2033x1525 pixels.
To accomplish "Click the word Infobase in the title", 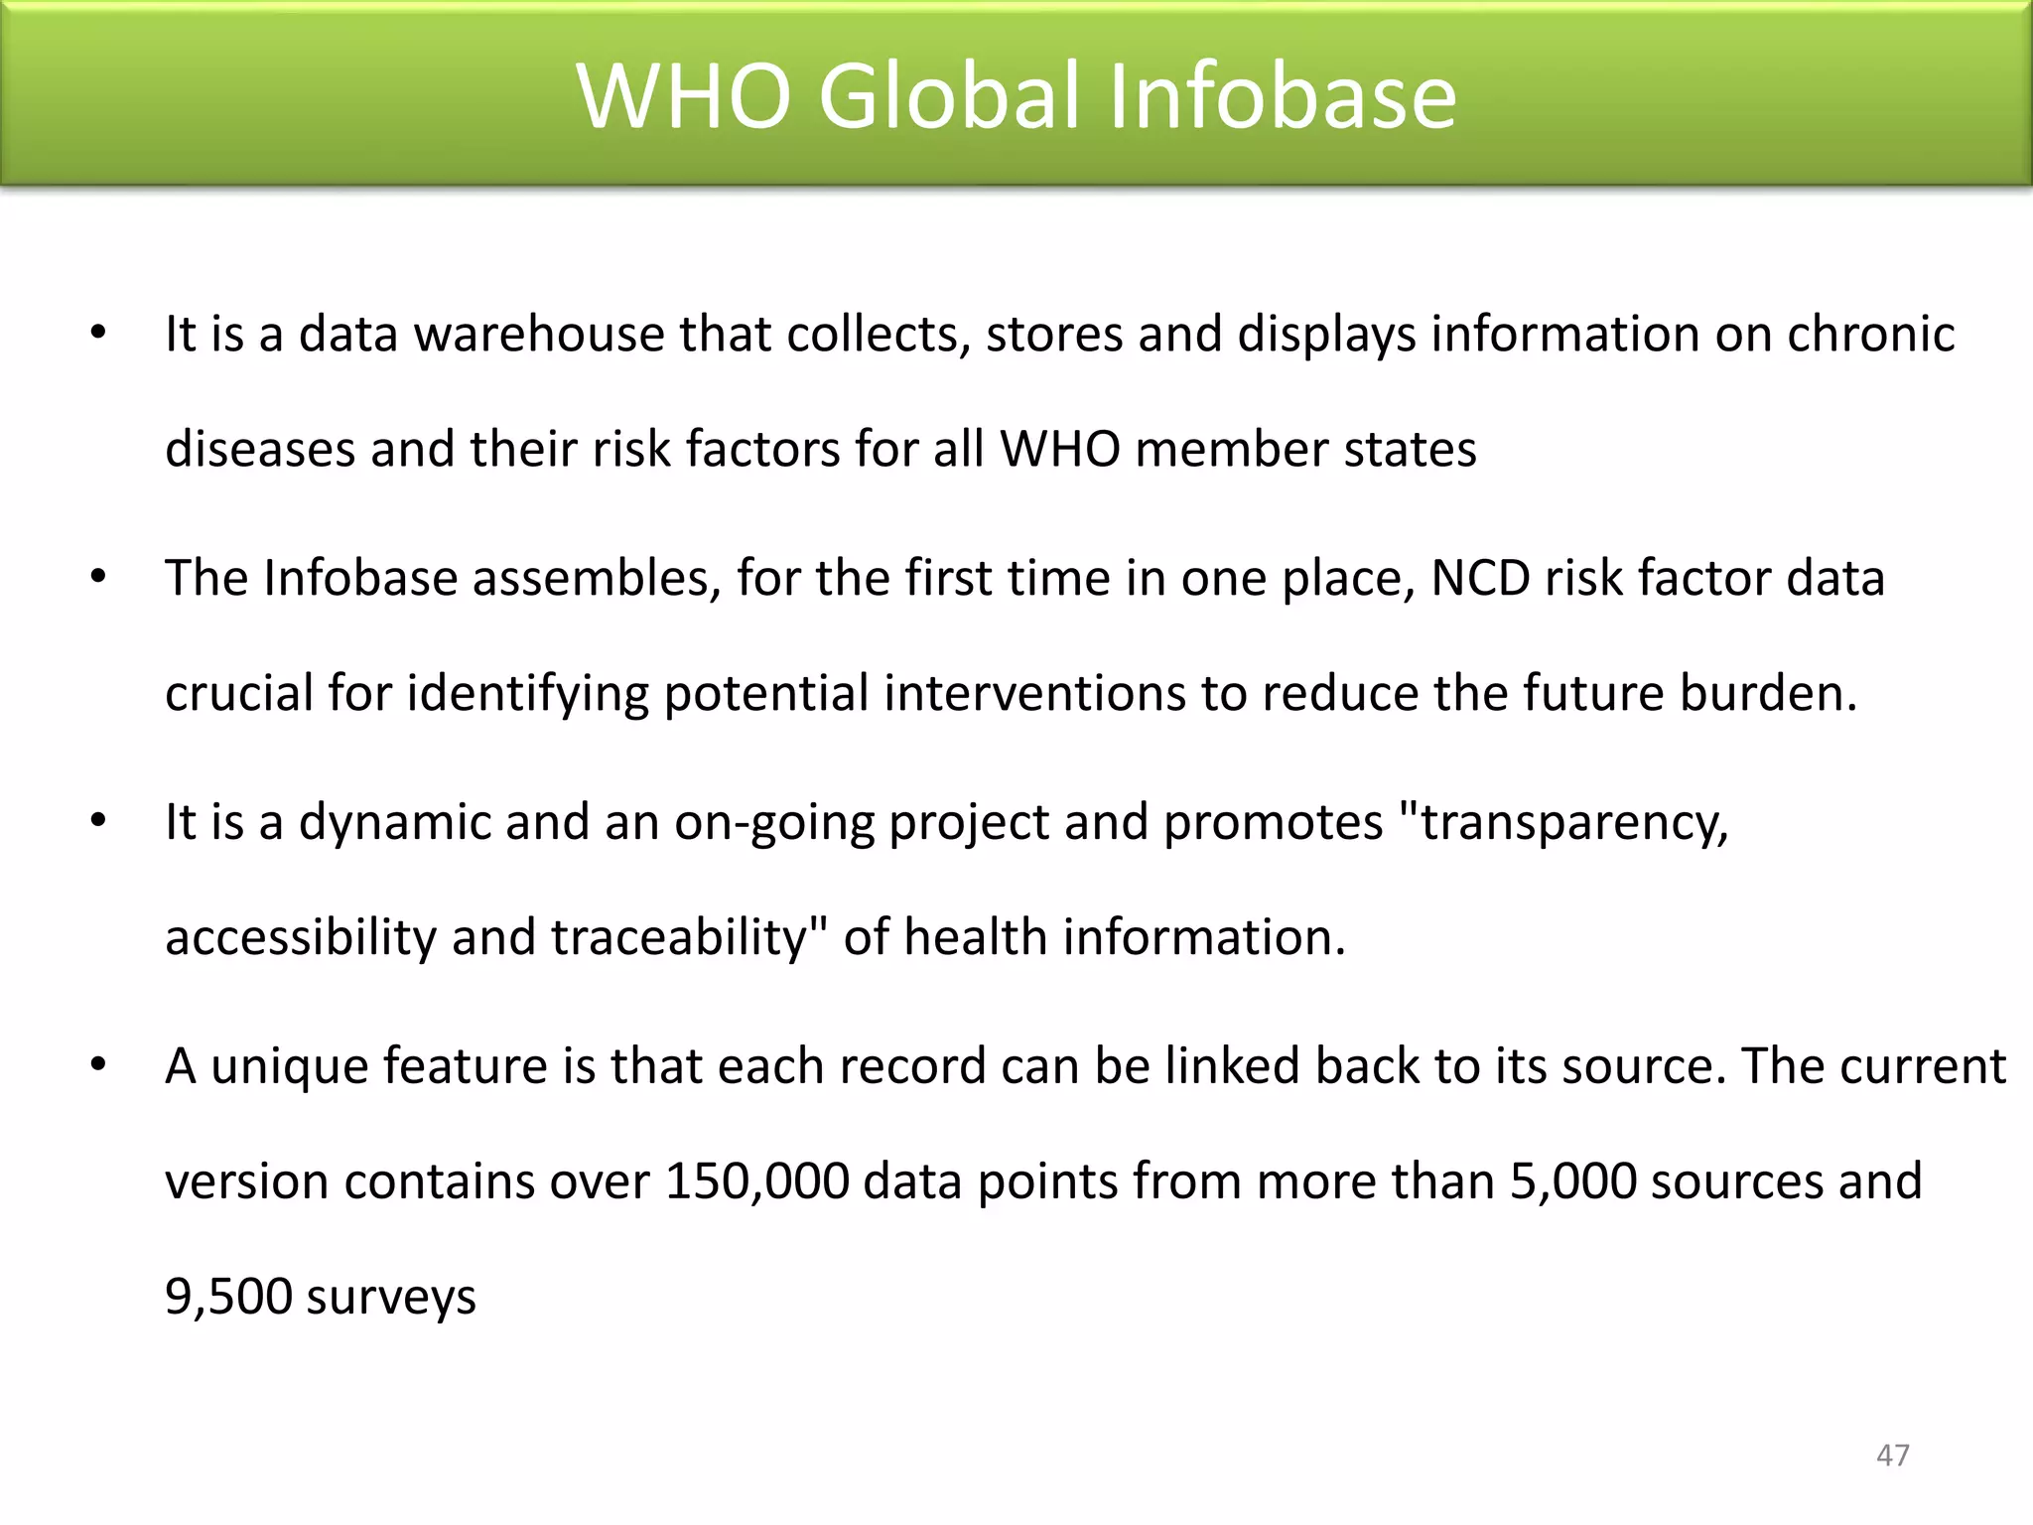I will coord(1282,95).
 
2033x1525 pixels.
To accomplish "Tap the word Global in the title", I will coord(951,95).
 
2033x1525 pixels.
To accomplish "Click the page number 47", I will coord(1892,1456).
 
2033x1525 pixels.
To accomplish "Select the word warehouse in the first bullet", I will coord(539,334).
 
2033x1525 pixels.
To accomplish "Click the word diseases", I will coord(260,449).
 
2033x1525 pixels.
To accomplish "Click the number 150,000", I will coord(756,1181).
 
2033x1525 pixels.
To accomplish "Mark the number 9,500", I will coord(227,1297).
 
